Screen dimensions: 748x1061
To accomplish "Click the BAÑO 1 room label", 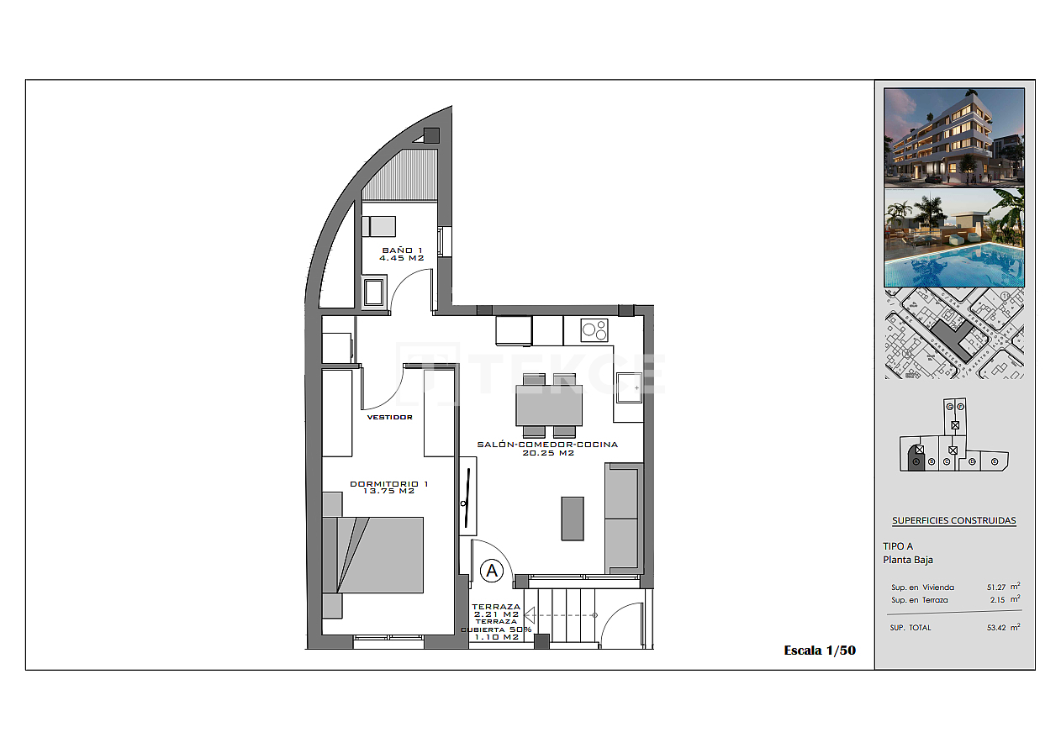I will point(403,254).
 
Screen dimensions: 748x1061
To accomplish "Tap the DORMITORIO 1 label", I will point(389,487).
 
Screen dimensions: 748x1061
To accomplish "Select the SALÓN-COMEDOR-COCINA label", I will point(547,448).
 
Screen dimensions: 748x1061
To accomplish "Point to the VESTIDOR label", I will point(389,417).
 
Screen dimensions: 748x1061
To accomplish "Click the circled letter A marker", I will point(492,572).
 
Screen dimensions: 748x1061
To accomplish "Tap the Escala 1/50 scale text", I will point(820,650).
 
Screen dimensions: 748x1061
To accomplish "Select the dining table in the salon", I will point(549,406).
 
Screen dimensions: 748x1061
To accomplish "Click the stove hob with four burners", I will point(595,330).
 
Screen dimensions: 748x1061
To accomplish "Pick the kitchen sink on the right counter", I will point(627,387).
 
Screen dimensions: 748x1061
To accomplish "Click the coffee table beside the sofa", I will point(573,518).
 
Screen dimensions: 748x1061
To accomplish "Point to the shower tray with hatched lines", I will point(400,174).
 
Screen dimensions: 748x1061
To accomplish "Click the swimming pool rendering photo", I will point(953,239).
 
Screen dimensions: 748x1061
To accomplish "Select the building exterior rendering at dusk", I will point(953,137).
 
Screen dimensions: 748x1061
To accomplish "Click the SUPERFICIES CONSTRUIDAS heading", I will point(953,520).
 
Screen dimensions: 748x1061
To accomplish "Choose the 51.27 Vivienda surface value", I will point(998,587).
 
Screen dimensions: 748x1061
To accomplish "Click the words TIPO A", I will point(898,546).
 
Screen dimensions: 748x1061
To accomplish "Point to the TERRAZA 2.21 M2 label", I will point(496,610).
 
